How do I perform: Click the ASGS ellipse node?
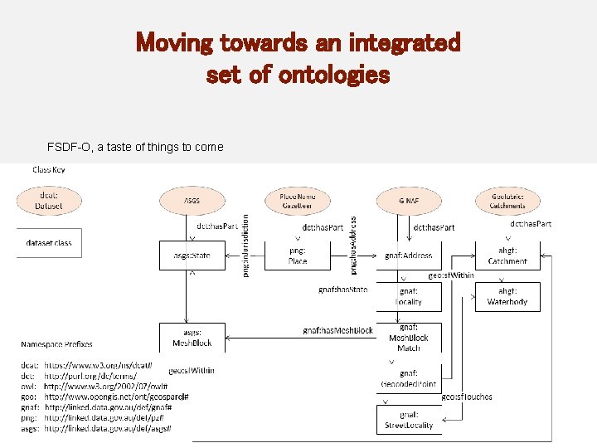(x=192, y=201)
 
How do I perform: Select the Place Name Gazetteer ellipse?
(x=297, y=201)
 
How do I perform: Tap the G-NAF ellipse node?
(x=408, y=201)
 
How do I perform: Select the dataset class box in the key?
(x=49, y=243)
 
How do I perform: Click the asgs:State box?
(x=192, y=256)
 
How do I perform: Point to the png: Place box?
(x=297, y=256)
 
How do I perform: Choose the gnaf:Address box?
(x=409, y=256)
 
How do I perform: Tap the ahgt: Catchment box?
(x=507, y=256)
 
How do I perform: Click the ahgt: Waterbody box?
(x=507, y=296)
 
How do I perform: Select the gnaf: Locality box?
(x=409, y=296)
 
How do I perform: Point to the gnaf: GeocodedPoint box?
(x=409, y=378)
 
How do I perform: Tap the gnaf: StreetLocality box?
(x=409, y=419)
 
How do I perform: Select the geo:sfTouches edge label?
(x=466, y=397)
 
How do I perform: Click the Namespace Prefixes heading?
(x=56, y=343)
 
